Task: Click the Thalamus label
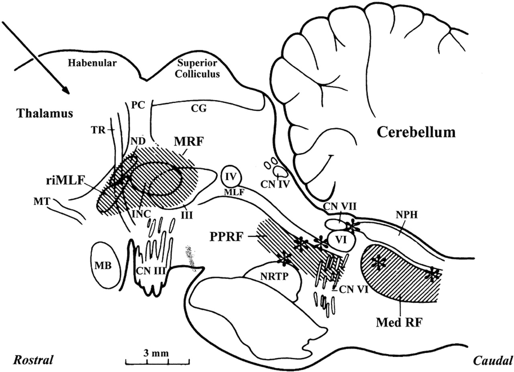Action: [x=45, y=113]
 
